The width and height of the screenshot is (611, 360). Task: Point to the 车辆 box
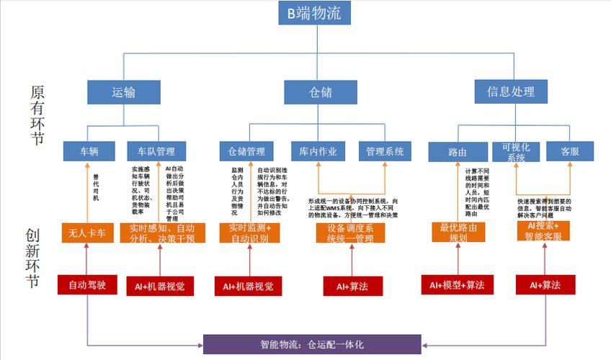click(89, 151)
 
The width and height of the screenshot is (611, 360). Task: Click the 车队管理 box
click(156, 151)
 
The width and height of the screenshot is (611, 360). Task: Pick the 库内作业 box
click(318, 151)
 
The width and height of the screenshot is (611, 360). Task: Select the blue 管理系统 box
click(384, 151)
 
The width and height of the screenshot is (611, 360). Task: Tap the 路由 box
click(458, 152)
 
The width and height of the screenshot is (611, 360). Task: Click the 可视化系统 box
click(516, 152)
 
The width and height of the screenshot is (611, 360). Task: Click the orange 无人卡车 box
click(87, 233)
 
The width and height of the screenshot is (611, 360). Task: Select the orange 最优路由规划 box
click(458, 232)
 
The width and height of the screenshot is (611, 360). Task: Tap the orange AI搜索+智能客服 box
click(543, 230)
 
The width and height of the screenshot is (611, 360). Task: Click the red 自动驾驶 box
click(87, 285)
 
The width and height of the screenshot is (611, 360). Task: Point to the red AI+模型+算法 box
click(457, 285)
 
